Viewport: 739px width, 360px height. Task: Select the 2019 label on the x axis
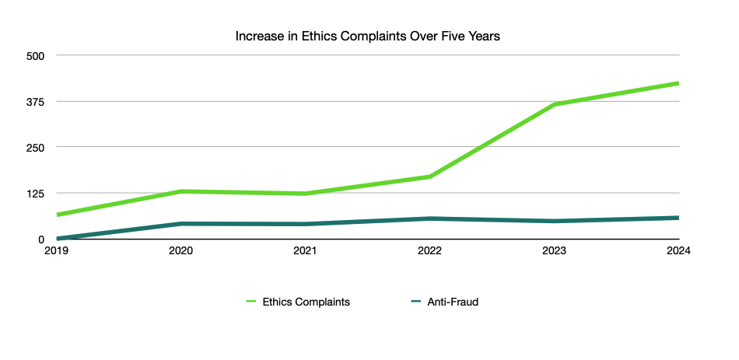(x=56, y=251)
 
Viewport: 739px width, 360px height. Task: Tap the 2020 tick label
(x=181, y=251)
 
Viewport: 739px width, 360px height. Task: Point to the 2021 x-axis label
(x=306, y=251)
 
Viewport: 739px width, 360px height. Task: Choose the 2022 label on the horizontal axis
(x=430, y=251)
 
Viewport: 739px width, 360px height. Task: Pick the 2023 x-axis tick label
(x=555, y=251)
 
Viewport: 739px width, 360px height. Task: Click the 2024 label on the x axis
(x=679, y=251)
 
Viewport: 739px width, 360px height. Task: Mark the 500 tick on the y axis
(x=37, y=56)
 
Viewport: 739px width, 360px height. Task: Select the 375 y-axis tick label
(x=37, y=102)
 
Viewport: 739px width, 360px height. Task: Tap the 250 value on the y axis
(x=37, y=148)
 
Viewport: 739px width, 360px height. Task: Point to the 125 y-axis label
(x=37, y=194)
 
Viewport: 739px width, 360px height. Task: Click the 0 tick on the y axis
(x=42, y=239)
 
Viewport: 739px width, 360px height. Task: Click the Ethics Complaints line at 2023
(x=555, y=104)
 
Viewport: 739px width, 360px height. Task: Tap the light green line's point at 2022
(x=430, y=177)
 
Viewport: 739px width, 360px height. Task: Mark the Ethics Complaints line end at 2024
(x=678, y=83)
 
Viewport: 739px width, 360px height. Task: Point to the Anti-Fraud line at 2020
(x=181, y=224)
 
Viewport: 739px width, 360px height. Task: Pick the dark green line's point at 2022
(x=430, y=218)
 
